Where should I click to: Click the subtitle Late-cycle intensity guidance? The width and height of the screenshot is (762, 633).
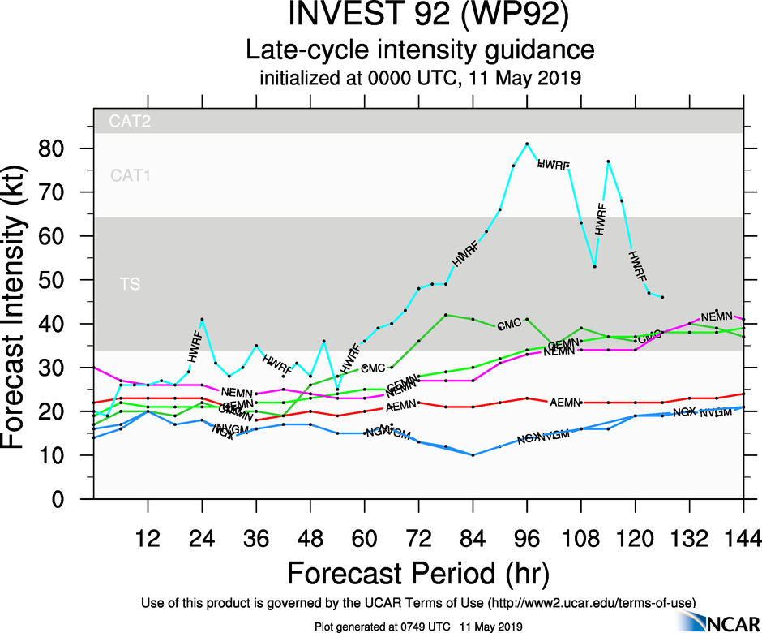click(420, 50)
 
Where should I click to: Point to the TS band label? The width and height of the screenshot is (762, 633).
click(129, 285)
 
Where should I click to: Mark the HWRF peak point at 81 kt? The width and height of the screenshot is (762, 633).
click(527, 144)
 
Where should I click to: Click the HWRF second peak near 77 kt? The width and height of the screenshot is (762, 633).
click(608, 161)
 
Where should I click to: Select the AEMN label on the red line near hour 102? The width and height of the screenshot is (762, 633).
click(564, 403)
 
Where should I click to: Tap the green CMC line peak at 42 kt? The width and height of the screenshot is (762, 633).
click(446, 315)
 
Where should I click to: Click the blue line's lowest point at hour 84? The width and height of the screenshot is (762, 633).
click(473, 455)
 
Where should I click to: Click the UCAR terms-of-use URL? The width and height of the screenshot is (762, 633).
click(591, 602)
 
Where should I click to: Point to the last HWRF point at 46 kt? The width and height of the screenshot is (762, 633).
click(662, 297)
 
